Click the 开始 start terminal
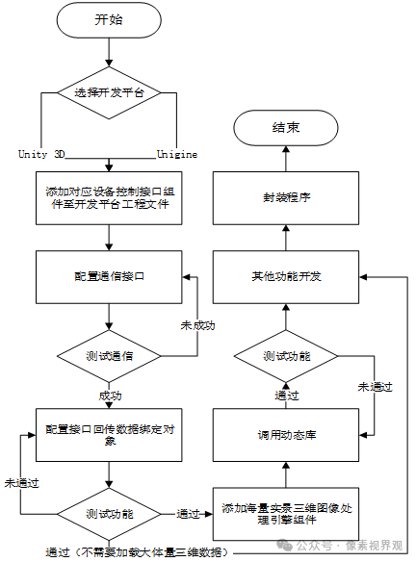coord(109,20)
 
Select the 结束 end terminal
coord(286,128)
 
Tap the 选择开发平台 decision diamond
coord(109,92)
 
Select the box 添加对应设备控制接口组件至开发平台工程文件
coord(109,197)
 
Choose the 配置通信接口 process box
coord(109,275)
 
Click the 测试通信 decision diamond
coord(109,355)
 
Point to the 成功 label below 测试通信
coord(109,395)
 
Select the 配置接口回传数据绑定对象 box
coord(109,434)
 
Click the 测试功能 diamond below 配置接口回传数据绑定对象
coord(109,513)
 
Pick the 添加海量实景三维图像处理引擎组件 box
coord(285,513)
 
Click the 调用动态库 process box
coord(285,434)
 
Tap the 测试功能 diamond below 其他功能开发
coord(286,355)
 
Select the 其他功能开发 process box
coord(285,275)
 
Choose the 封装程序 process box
coord(285,197)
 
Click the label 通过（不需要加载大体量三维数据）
coord(139,551)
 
